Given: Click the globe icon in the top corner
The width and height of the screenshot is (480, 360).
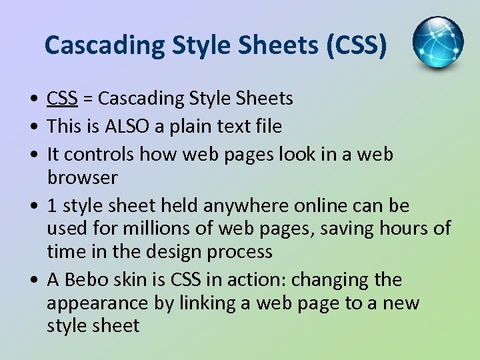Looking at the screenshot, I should [438, 43].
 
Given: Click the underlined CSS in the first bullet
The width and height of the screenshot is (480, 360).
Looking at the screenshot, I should [63, 99].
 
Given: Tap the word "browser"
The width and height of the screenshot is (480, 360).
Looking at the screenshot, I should [82, 178].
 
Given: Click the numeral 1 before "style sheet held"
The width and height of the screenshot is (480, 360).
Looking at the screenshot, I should [52, 205].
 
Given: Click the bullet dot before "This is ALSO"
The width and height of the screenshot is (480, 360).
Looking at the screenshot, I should [33, 127].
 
